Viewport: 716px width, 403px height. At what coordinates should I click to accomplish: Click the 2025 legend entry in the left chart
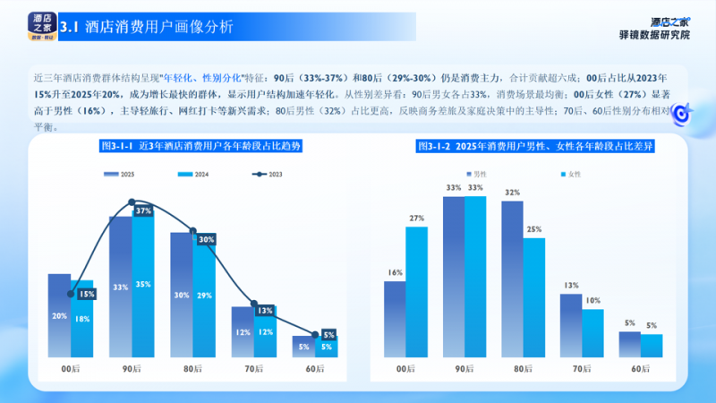[x=124, y=175]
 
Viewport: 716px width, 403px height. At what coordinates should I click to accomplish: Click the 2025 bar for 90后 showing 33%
[x=120, y=287]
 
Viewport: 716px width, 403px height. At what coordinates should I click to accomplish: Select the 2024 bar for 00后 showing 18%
[x=82, y=320]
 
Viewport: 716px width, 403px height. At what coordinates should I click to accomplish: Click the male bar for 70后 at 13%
[x=571, y=326]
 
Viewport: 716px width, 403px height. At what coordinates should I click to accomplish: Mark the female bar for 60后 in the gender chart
[x=652, y=346]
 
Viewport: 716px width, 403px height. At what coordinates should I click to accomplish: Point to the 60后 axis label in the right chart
[x=640, y=369]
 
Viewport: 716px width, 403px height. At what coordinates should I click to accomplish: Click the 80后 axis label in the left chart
[x=192, y=369]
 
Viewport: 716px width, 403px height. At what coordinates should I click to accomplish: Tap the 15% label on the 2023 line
[x=87, y=294]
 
